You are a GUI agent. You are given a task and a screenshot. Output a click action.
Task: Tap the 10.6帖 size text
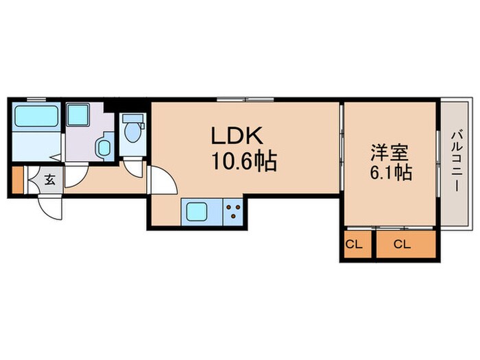244,162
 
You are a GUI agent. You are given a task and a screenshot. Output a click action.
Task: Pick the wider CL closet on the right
405,244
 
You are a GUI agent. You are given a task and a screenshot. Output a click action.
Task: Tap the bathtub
36,116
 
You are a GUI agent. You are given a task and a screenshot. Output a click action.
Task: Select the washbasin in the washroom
104,147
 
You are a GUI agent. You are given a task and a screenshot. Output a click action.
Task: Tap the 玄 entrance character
50,181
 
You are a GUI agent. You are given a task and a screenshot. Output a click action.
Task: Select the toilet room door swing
132,167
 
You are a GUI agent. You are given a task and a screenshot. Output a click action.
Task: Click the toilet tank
132,118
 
